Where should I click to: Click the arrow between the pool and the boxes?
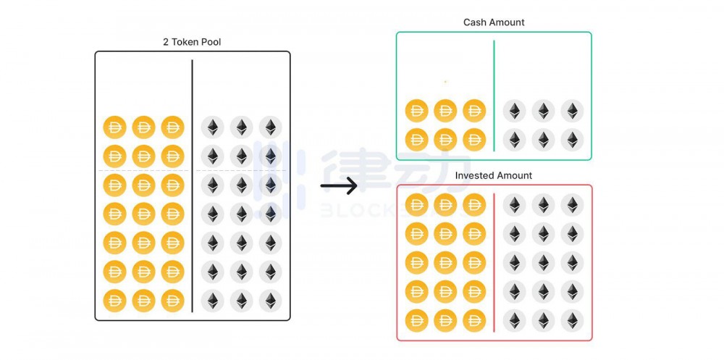point(339,185)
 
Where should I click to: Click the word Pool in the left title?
point(211,42)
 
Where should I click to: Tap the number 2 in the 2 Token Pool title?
point(166,42)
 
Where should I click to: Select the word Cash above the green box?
point(473,22)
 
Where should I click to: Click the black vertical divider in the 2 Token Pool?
point(192,185)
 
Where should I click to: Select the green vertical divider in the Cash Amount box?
point(494,96)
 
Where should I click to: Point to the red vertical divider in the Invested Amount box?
point(494,262)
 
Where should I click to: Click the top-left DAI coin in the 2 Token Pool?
point(114,127)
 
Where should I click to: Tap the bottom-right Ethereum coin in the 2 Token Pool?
point(271,301)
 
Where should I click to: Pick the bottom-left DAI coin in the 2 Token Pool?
point(114,301)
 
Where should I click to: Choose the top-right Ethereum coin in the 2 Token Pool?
point(271,127)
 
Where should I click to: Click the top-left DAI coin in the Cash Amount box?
point(416,111)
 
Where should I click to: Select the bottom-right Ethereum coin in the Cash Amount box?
point(573,140)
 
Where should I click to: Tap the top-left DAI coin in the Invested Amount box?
point(416,205)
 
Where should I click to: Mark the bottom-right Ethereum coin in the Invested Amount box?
point(573,321)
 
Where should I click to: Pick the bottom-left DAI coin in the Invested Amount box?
point(416,321)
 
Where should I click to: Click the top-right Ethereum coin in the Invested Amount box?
point(573,205)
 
